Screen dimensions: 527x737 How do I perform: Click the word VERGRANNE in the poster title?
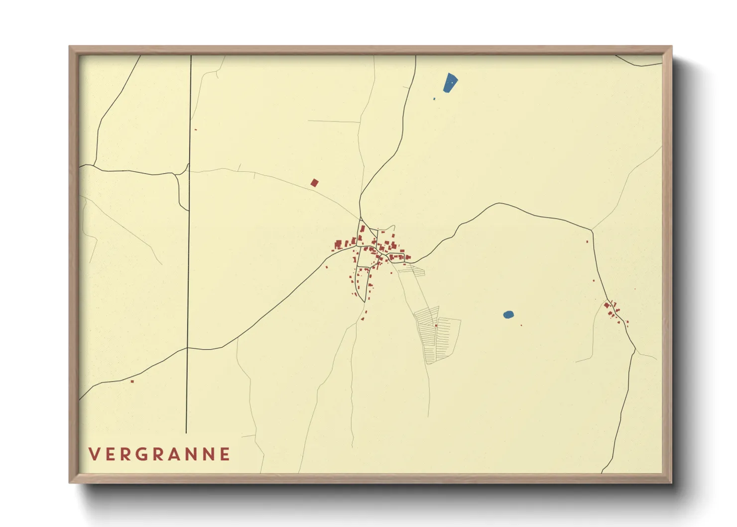pyautogui.click(x=159, y=454)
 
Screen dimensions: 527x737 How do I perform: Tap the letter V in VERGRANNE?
pyautogui.click(x=94, y=454)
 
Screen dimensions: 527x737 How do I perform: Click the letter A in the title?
pyautogui.click(x=175, y=454)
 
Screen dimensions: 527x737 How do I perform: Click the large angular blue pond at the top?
pyautogui.click(x=450, y=83)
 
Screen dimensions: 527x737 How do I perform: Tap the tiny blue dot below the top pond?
pyautogui.click(x=434, y=99)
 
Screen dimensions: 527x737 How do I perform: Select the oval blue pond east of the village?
pyautogui.click(x=508, y=314)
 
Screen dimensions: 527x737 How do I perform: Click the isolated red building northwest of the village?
pyautogui.click(x=314, y=183)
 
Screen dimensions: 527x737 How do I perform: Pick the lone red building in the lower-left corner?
pyautogui.click(x=132, y=382)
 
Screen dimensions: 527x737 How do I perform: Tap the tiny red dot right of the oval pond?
pyautogui.click(x=521, y=325)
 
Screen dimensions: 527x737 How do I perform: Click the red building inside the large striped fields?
pyautogui.click(x=436, y=326)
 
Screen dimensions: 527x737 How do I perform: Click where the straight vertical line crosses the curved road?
pyautogui.click(x=187, y=348)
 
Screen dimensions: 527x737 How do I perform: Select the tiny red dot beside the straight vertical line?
pyautogui.click(x=196, y=130)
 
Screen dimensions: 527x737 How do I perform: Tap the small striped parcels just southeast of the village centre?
pyautogui.click(x=414, y=270)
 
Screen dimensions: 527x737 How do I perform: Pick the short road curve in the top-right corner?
pyautogui.click(x=639, y=63)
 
